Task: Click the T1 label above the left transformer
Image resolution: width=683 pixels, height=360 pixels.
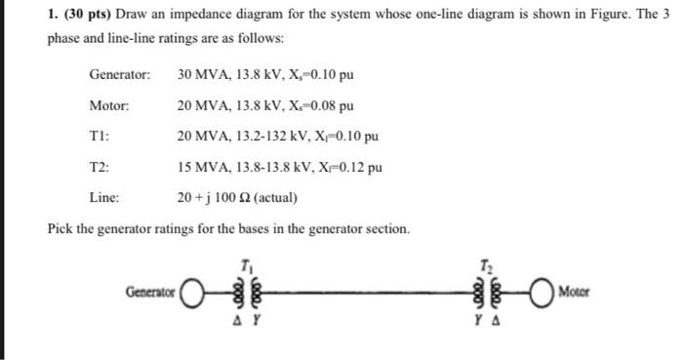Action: tap(243, 264)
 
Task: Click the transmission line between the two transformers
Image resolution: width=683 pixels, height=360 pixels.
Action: tap(366, 292)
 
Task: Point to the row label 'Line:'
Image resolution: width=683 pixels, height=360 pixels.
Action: tap(104, 198)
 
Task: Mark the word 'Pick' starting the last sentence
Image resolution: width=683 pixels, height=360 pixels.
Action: tap(60, 229)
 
